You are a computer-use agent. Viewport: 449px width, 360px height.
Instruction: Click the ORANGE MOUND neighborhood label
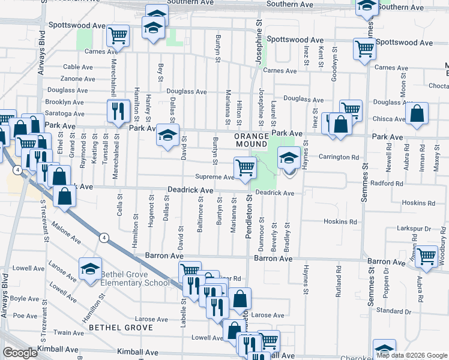click(x=251, y=140)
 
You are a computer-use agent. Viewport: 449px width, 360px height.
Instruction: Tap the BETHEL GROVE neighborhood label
click(x=118, y=328)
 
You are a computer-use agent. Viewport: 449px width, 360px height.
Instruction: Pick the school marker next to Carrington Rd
click(x=289, y=158)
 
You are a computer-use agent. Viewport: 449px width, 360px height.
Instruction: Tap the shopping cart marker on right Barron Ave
click(x=427, y=256)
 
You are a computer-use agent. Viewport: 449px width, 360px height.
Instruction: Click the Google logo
click(x=20, y=353)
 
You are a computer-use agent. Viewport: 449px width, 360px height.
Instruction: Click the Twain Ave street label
click(x=70, y=332)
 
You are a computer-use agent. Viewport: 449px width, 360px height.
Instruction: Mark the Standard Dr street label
click(x=393, y=311)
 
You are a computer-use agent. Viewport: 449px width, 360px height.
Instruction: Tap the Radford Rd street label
click(x=387, y=184)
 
